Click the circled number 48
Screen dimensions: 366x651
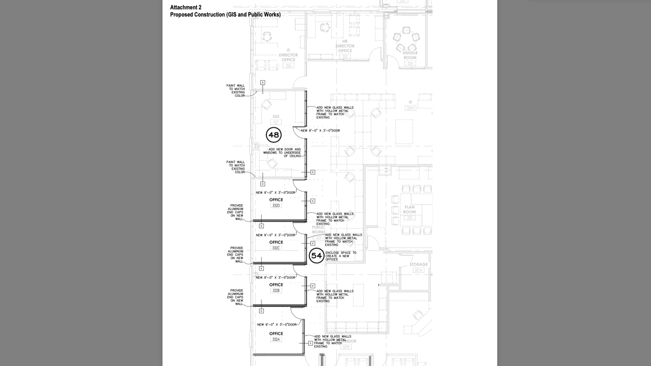pyautogui.click(x=274, y=135)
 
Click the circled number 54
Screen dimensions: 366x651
pyautogui.click(x=316, y=256)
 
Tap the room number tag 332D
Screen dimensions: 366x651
pyautogui.click(x=276, y=206)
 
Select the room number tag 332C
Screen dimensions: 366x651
pyautogui.click(x=276, y=248)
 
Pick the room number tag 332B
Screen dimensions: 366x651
pyautogui.click(x=276, y=290)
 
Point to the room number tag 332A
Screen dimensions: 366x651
pyautogui.click(x=276, y=339)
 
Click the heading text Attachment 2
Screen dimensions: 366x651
pyautogui.click(x=186, y=7)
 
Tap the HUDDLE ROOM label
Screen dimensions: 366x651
pyautogui.click(x=410, y=55)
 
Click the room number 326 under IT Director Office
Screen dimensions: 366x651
pyautogui.click(x=288, y=66)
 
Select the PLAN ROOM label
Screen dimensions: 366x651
pyautogui.click(x=409, y=209)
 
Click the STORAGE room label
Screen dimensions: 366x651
pyautogui.click(x=419, y=265)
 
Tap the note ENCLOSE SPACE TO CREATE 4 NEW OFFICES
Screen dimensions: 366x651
pyautogui.click(x=340, y=256)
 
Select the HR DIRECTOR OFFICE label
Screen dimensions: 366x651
pyautogui.click(x=345, y=46)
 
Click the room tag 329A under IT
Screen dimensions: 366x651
pyautogui.click(x=410, y=108)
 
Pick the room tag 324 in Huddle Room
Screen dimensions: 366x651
pyautogui.click(x=410, y=63)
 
